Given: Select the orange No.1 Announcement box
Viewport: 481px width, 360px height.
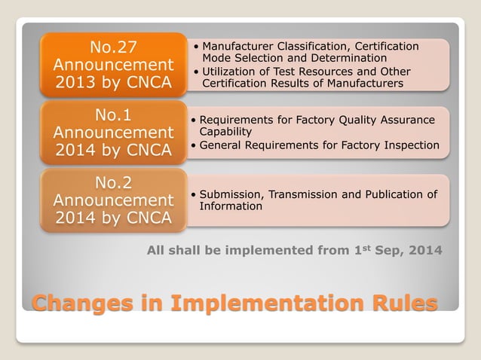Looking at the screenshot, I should (x=113, y=134).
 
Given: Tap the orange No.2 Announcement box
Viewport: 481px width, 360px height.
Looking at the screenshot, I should (x=113, y=200).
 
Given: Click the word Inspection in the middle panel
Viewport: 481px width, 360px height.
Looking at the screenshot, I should (x=409, y=145).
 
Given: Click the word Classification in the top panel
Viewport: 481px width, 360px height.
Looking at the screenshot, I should (x=327, y=47).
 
